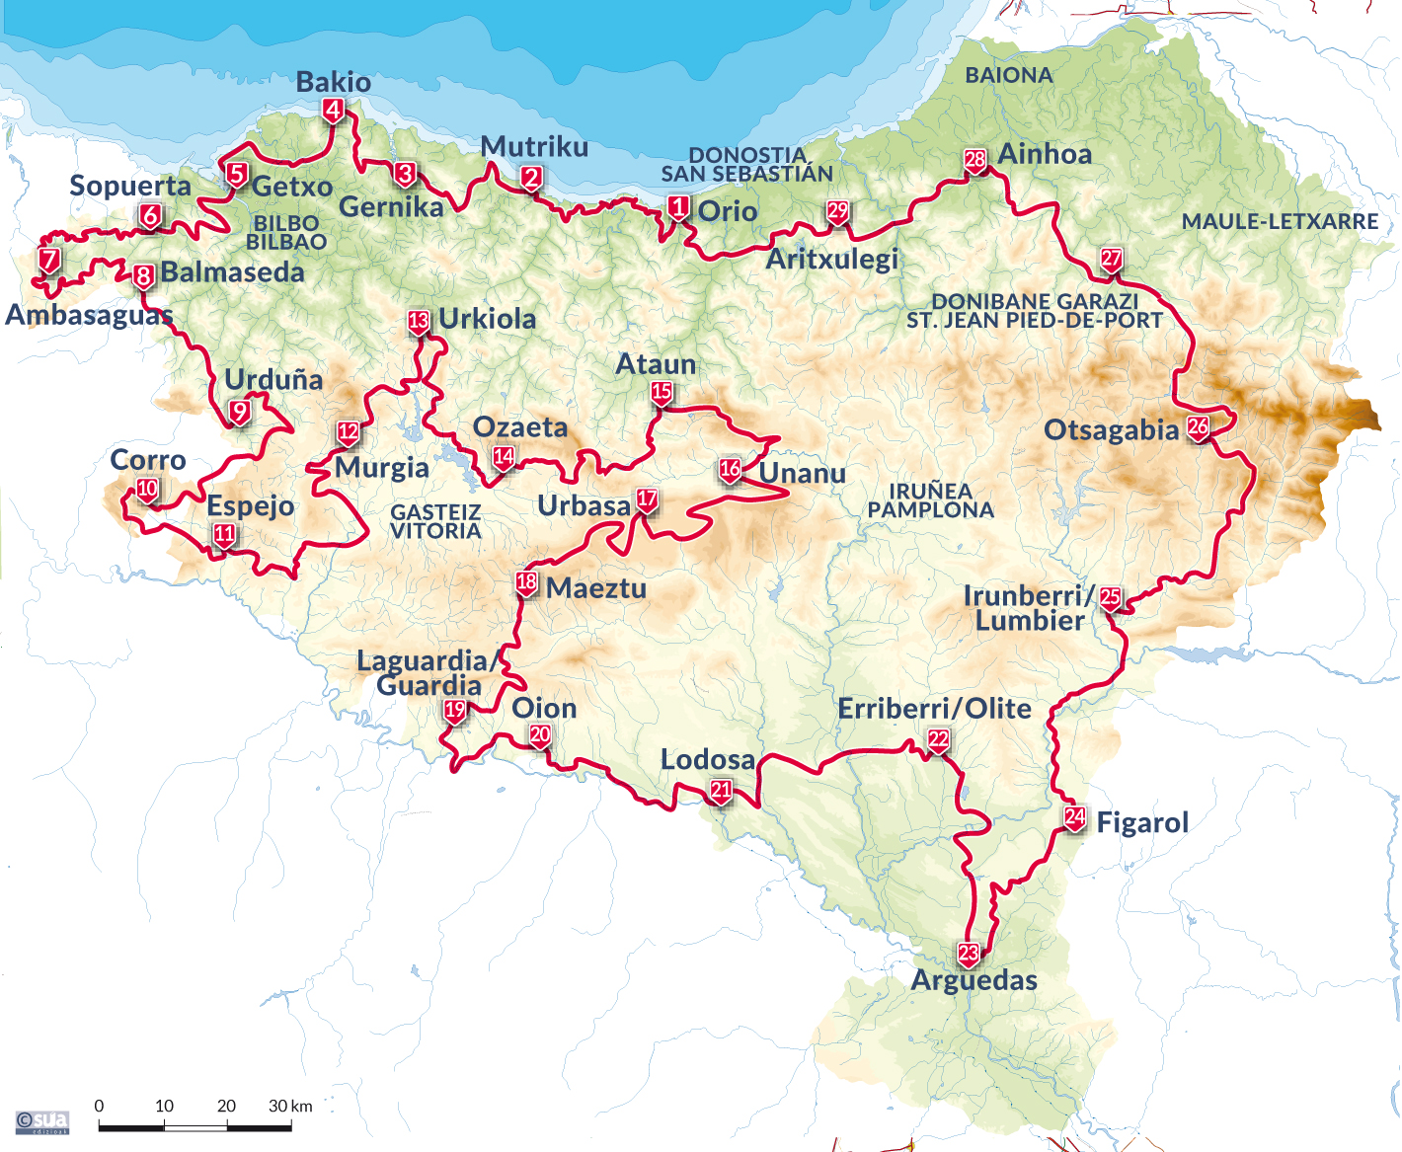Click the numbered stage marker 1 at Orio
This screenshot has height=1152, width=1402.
point(678,207)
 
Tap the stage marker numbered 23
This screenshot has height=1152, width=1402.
point(969,954)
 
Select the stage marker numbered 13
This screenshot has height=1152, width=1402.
point(419,321)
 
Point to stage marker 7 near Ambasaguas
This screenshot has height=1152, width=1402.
point(49,260)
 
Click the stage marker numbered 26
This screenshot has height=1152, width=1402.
point(1198,427)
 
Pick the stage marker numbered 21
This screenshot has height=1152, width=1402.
point(721,790)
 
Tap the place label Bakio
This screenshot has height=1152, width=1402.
point(334,82)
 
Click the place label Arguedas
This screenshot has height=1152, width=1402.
point(974,980)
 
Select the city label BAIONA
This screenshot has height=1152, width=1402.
point(1009,75)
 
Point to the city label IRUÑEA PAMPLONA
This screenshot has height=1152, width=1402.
point(930,500)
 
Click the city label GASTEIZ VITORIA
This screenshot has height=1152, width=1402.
point(435,521)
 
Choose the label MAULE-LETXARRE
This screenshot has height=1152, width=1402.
point(1280,222)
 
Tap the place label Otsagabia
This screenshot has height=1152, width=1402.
point(1112,431)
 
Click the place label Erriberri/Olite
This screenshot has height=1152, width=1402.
point(934,709)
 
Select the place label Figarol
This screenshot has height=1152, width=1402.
point(1142,823)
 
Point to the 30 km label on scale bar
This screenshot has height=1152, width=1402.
point(290,1106)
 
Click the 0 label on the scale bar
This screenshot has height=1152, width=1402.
point(99,1106)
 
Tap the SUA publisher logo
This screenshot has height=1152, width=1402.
point(42,1122)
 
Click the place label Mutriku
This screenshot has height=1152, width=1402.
point(534,147)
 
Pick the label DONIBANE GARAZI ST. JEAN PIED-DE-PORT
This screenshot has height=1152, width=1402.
point(1035,311)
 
